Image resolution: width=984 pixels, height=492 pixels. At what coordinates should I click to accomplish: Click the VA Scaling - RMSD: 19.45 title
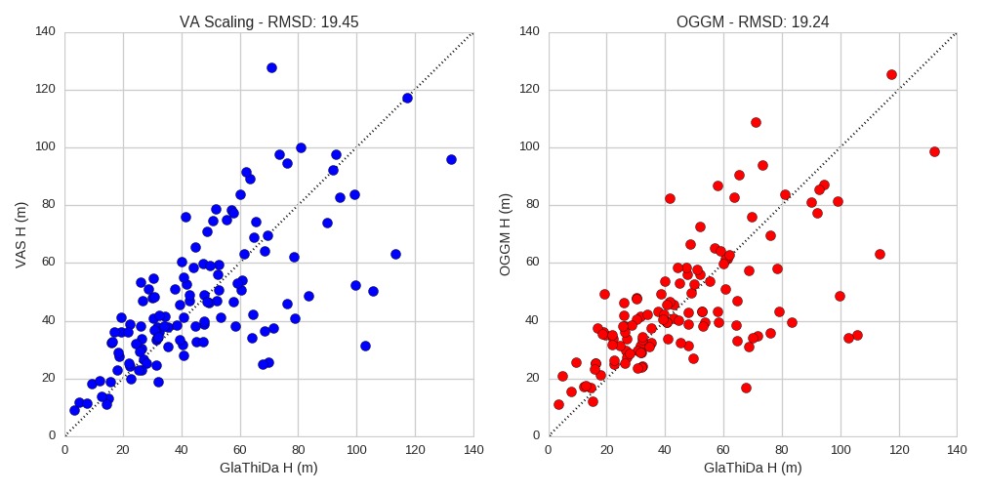[x=268, y=21]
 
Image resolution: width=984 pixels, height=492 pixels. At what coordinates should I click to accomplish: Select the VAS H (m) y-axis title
[x=21, y=233]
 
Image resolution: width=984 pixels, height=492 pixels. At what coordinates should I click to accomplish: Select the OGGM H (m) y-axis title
[x=505, y=233]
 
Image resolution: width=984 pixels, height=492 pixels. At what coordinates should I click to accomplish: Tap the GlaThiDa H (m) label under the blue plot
[x=268, y=468]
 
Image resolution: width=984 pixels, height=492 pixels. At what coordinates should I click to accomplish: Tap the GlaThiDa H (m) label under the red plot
[x=753, y=468]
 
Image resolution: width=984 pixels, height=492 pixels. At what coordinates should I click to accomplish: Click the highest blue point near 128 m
[x=271, y=67]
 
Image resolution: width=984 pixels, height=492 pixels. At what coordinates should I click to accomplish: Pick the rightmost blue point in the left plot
[x=451, y=159]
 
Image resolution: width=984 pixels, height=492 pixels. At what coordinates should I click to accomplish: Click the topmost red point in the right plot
[x=891, y=74]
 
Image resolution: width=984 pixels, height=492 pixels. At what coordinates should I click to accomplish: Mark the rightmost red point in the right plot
[x=934, y=151]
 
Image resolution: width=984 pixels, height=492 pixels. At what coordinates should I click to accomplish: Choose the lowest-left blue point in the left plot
[x=74, y=410]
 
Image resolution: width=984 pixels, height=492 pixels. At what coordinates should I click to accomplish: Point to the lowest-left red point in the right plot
[x=558, y=404]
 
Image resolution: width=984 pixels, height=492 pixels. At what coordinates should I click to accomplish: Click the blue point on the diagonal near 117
[x=407, y=98]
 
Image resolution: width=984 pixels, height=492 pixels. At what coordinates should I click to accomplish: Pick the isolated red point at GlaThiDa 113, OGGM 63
[x=880, y=254]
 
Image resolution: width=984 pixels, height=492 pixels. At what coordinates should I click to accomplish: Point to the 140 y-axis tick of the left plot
[x=51, y=32]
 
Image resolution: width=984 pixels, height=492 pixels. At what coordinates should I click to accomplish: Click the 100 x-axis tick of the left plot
[x=356, y=449]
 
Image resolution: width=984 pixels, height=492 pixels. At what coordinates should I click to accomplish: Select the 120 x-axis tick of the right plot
[x=899, y=449]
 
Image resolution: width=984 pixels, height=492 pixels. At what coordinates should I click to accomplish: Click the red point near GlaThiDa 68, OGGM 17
[x=746, y=388]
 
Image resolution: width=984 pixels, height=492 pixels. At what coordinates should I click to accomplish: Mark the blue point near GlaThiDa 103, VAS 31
[x=365, y=346]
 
